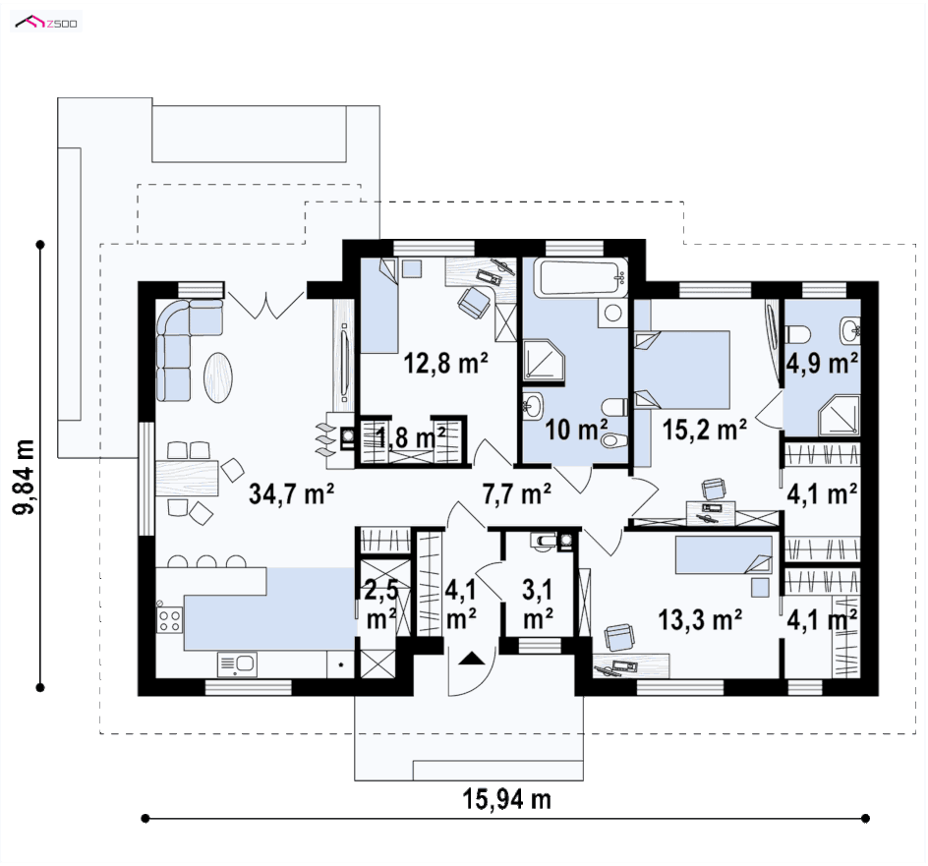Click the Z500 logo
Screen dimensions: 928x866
tap(45, 23)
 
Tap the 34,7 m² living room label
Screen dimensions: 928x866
tap(291, 493)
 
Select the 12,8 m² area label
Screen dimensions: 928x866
tap(445, 363)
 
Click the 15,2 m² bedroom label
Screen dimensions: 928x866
tap(704, 430)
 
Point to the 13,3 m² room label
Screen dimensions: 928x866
tap(700, 619)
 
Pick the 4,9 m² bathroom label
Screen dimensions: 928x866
tap(822, 363)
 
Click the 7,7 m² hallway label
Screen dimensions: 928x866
tap(517, 493)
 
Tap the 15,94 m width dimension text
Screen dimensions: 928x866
tap(506, 799)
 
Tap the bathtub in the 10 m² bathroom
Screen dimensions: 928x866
tap(581, 277)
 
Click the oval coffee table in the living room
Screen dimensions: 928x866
tap(218, 377)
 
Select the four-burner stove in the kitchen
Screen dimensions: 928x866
tap(169, 620)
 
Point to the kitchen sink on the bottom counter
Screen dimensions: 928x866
tap(237, 664)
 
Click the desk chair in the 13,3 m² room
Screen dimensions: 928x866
tap(618, 638)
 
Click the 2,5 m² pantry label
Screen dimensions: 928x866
tap(381, 605)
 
